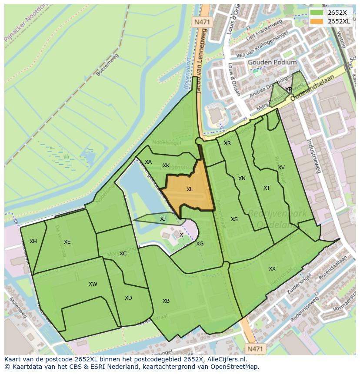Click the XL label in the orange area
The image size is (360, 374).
190,189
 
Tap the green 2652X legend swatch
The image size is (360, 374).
317,12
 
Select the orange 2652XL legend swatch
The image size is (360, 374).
317,21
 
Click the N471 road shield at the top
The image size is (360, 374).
202,22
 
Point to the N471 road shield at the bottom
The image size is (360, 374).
255,348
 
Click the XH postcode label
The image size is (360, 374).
33,242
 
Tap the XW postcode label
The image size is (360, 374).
93,284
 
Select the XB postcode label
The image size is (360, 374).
166,301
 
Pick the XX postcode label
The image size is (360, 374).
272,269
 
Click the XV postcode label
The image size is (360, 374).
281,168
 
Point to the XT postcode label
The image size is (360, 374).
267,188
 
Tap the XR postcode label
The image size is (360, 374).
227,143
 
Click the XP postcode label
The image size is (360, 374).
289,89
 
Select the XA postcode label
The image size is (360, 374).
148,162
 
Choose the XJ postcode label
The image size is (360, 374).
163,219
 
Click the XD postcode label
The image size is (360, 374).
128,298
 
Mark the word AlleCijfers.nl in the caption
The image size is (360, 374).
225,359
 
